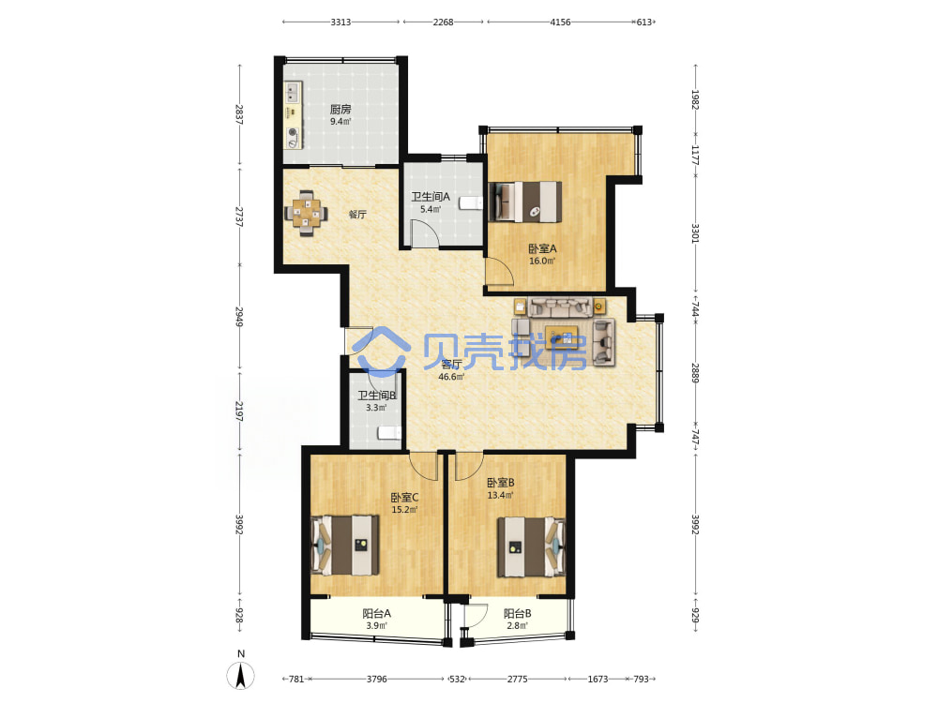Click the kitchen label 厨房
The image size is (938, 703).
(340, 110)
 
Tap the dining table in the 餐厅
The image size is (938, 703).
(307, 213)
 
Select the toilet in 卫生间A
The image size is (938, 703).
(471, 203)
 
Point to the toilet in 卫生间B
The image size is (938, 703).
(389, 433)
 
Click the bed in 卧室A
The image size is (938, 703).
(525, 202)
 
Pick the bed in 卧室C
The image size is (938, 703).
(345, 546)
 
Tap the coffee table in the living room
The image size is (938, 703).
(562, 337)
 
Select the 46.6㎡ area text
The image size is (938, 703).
(451, 377)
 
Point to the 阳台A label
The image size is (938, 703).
(377, 613)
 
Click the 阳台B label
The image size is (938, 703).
(518, 613)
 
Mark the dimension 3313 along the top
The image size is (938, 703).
(340, 22)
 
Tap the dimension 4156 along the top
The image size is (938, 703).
(560, 22)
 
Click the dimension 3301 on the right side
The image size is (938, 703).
(695, 233)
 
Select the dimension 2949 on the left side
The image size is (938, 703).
(239, 317)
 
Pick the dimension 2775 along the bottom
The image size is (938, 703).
(518, 679)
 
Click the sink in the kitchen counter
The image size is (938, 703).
(293, 93)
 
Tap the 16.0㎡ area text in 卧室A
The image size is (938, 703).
(542, 262)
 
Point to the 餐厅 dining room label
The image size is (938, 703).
(357, 215)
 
